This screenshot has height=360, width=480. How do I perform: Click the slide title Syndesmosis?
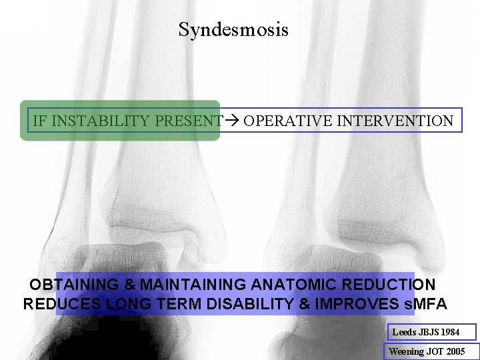pyautogui.click(x=233, y=30)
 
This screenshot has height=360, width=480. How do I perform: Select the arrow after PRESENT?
pyautogui.click(x=232, y=121)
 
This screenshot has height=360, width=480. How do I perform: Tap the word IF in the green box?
pyautogui.click(x=39, y=121)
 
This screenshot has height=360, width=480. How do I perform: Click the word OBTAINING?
pyautogui.click(x=75, y=285)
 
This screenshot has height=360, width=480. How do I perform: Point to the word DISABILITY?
pyautogui.click(x=253, y=305)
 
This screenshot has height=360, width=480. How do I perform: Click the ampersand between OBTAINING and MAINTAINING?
pyautogui.click(x=129, y=285)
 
